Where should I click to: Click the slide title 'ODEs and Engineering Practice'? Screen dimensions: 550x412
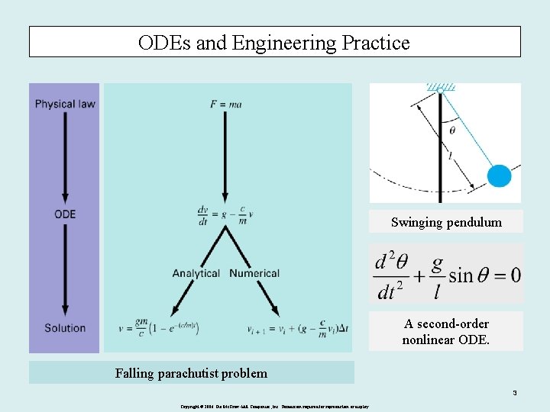(x=274, y=43)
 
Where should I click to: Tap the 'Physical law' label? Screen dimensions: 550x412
(x=65, y=104)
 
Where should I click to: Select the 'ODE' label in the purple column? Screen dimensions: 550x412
(x=65, y=214)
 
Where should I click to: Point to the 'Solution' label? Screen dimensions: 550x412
(x=65, y=328)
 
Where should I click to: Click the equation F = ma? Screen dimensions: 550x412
(x=226, y=104)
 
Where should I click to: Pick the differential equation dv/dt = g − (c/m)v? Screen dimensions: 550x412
(x=225, y=214)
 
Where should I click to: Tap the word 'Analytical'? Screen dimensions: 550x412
(x=196, y=273)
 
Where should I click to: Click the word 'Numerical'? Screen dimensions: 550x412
(x=254, y=273)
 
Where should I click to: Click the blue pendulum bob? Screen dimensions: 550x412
(x=499, y=176)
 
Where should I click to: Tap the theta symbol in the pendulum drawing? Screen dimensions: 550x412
(x=451, y=130)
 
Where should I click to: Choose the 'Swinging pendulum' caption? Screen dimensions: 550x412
(x=446, y=223)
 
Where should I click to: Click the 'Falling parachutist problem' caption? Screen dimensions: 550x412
(x=191, y=373)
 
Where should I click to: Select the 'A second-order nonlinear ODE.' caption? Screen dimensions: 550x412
(x=446, y=331)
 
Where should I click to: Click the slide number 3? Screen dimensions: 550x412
(x=515, y=394)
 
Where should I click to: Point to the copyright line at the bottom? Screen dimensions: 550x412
(x=274, y=407)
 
